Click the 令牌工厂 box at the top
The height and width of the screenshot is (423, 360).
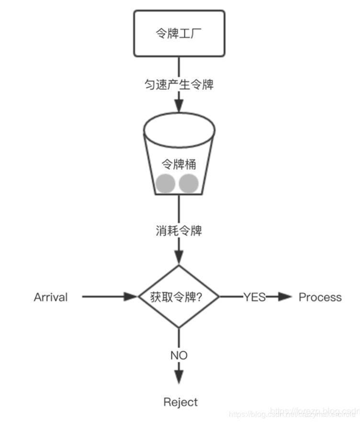point(179,34)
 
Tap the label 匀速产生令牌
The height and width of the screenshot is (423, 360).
point(179,85)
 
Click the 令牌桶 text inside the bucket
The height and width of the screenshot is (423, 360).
point(179,164)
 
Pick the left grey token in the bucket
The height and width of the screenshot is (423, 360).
point(165,183)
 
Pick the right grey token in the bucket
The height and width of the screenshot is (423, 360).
point(189,183)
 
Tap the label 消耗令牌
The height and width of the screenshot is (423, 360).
point(179,231)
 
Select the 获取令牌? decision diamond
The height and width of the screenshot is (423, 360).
point(179,297)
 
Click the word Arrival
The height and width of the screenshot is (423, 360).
point(51,297)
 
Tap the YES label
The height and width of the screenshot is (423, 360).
point(254,297)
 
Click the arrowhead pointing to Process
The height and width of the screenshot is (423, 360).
point(285,297)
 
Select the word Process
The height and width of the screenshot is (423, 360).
point(320,297)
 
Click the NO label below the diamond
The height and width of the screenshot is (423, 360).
point(179,355)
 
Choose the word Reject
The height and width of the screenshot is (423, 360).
point(180,402)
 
